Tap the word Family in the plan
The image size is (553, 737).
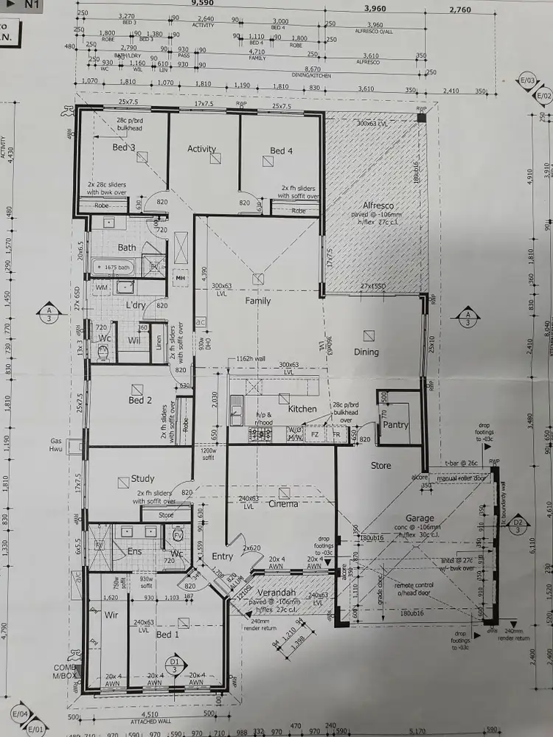[x=258, y=301]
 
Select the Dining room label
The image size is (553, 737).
[x=366, y=352]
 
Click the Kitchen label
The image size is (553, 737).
[x=302, y=409]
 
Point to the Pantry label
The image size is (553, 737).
[x=396, y=425]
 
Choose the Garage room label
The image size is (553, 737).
[x=420, y=518]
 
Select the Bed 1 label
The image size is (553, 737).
[x=167, y=635]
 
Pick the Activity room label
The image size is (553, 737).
[x=201, y=149]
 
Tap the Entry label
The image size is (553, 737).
[x=223, y=556]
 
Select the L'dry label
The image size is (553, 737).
[x=136, y=305]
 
